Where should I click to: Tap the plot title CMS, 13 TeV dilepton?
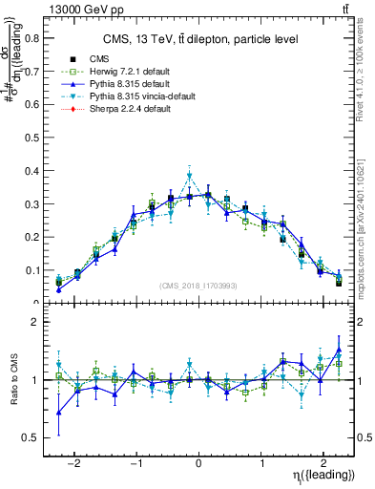[200, 39]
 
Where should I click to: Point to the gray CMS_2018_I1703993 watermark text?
[198, 286]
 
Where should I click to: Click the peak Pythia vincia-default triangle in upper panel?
[190, 175]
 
